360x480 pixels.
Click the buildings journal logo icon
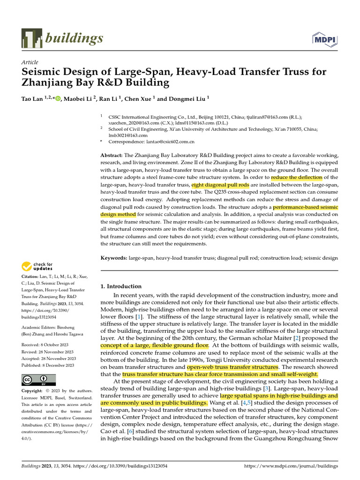31,38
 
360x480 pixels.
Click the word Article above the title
30,62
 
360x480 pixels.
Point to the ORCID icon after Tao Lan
58,99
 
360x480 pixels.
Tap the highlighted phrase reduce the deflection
296,178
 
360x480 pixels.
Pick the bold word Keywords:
114,258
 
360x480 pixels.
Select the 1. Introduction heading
121,286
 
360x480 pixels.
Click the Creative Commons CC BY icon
38,380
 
